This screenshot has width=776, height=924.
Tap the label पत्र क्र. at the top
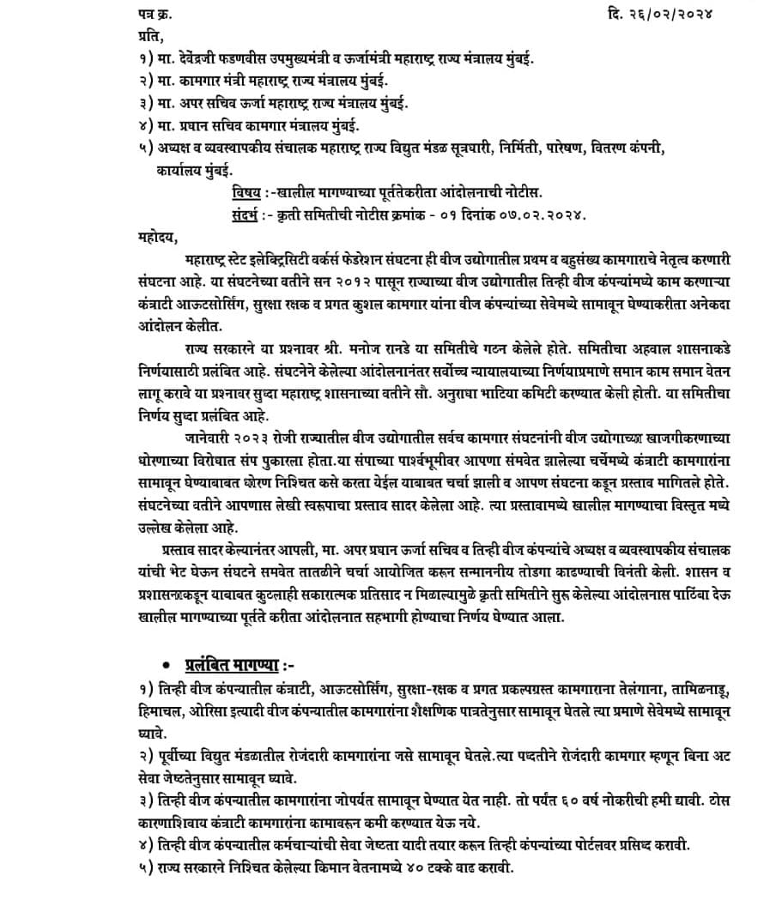(x=157, y=14)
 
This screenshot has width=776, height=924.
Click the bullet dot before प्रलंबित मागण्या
(x=166, y=666)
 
